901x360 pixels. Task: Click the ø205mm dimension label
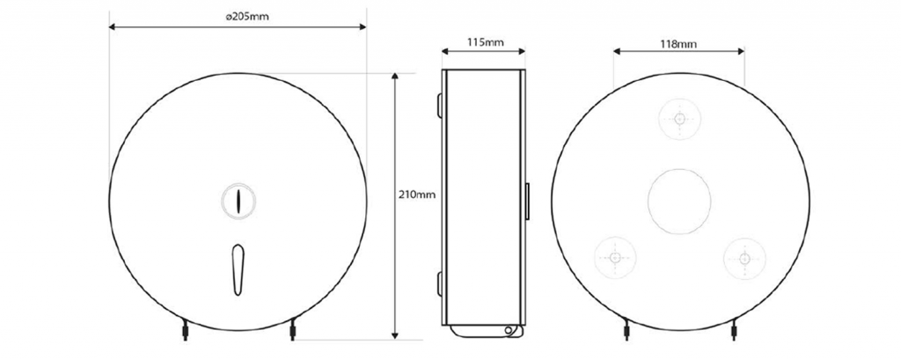(246, 17)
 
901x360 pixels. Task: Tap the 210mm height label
(417, 195)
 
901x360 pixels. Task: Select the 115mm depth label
(485, 42)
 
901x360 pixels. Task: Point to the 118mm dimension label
(678, 44)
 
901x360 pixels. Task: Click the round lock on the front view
(238, 201)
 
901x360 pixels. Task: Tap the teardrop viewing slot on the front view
(238, 269)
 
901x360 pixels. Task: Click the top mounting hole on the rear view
(680, 119)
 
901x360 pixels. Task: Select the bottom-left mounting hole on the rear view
(615, 258)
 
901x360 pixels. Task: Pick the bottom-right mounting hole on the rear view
(744, 258)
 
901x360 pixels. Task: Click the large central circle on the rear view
(679, 202)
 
